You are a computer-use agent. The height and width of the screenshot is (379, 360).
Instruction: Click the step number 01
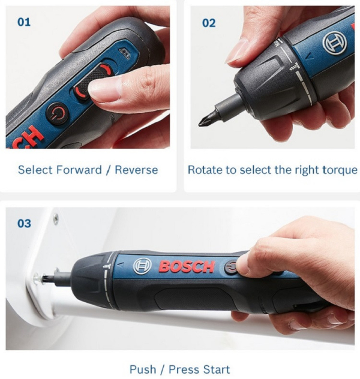click(22, 22)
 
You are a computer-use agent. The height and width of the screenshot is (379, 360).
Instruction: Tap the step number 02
click(208, 23)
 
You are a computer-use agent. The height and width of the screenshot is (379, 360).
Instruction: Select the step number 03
click(23, 224)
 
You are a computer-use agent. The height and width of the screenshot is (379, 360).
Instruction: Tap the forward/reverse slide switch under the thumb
click(90, 84)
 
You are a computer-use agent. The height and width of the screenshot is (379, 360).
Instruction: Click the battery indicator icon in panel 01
click(124, 54)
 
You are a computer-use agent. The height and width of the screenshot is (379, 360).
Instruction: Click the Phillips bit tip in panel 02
click(205, 122)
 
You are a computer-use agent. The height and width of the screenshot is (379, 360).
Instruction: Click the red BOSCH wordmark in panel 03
click(186, 266)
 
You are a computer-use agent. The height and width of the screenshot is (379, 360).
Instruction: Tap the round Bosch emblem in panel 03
click(142, 266)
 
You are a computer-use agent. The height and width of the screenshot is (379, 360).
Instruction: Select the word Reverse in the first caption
click(136, 170)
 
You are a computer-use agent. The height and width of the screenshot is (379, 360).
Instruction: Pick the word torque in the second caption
click(339, 170)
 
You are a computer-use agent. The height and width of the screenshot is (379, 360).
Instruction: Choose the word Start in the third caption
click(216, 368)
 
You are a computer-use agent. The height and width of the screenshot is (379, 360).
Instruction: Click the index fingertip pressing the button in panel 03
click(244, 262)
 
